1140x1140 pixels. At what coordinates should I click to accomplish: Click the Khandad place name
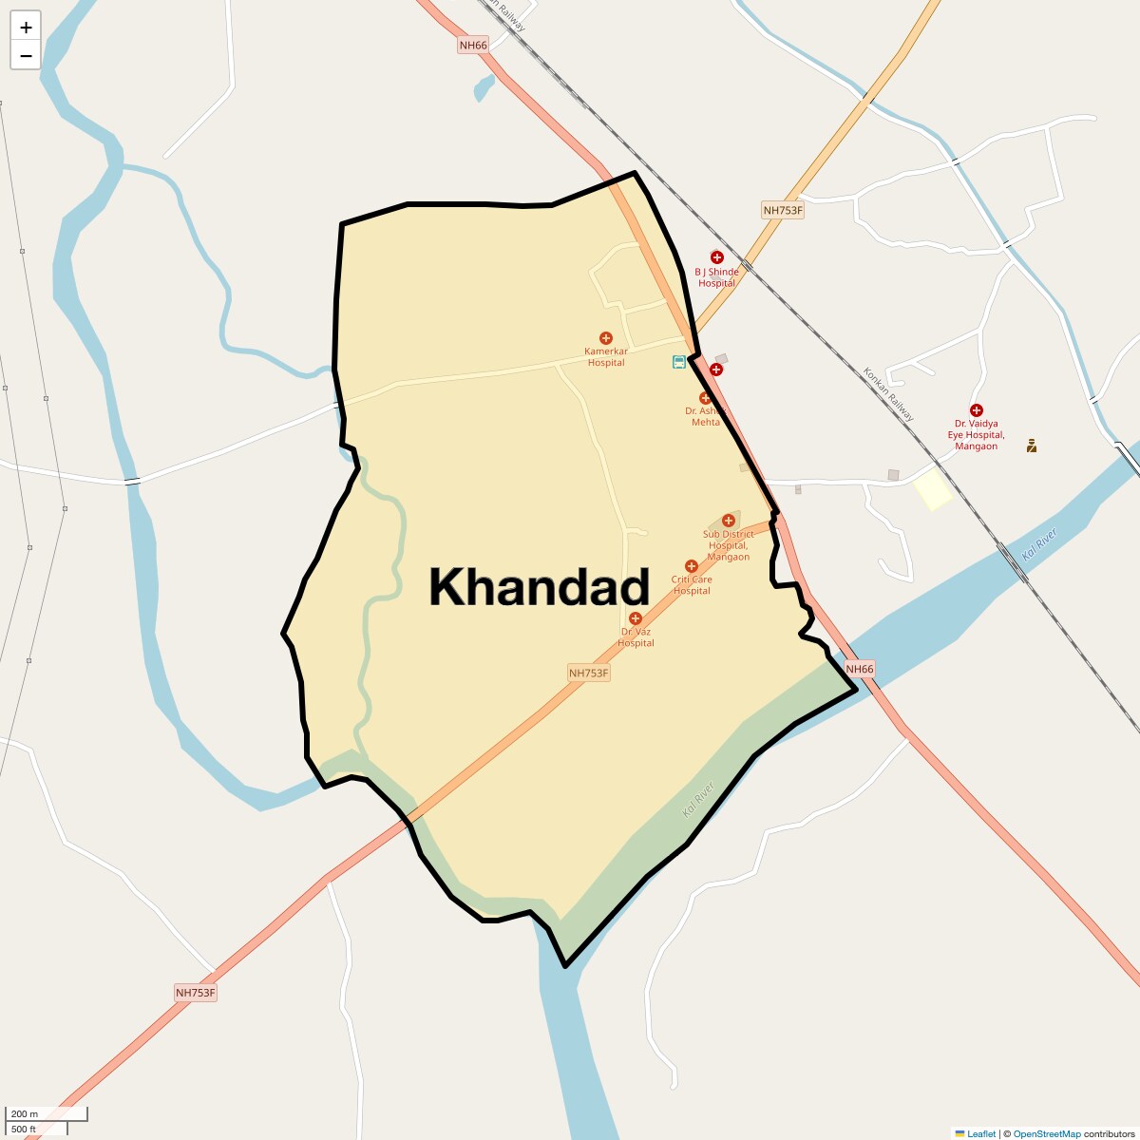click(x=539, y=587)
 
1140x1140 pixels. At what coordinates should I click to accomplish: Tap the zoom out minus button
click(x=26, y=55)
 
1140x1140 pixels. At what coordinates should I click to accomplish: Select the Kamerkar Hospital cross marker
click(x=605, y=338)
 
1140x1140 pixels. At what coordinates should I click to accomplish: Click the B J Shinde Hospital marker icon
click(x=716, y=256)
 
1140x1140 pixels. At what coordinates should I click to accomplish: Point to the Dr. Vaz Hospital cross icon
click(x=636, y=618)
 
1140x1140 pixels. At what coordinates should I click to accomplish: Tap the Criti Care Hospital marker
click(x=692, y=566)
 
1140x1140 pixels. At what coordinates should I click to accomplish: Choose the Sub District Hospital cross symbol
click(x=729, y=520)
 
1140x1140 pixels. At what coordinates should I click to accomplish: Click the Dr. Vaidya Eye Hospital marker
click(x=976, y=410)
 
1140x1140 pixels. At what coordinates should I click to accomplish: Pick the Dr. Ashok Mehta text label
click(x=705, y=416)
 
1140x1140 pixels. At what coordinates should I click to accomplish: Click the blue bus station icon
click(x=679, y=362)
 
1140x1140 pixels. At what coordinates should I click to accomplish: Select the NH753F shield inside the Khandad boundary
click(x=588, y=673)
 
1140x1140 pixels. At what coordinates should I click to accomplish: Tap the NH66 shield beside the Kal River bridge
click(x=859, y=669)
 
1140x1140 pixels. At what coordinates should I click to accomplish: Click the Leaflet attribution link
click(x=980, y=1133)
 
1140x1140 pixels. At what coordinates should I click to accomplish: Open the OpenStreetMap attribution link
click(x=1046, y=1133)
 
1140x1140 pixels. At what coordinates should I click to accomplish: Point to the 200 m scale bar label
click(x=25, y=1113)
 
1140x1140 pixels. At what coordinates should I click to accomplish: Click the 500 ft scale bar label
click(x=24, y=1129)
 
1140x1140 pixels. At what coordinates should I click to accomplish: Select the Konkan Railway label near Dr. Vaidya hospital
click(x=888, y=394)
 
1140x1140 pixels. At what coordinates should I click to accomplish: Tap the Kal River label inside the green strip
click(x=697, y=801)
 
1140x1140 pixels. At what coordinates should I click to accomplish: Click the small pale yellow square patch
click(x=932, y=488)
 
